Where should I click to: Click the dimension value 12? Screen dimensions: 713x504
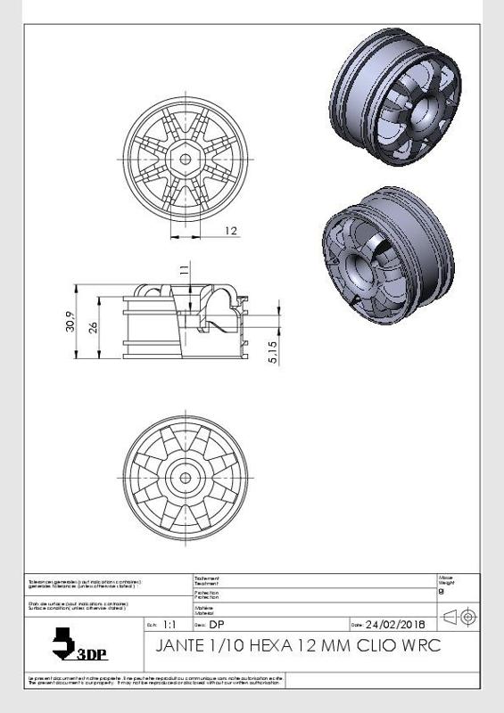[231, 231]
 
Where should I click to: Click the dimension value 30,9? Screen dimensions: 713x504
[71, 322]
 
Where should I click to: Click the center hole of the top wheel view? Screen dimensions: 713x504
[186, 158]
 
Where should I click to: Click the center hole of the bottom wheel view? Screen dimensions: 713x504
[186, 477]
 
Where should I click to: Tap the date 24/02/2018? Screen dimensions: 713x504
[395, 624]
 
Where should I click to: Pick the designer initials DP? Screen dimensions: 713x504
[217, 624]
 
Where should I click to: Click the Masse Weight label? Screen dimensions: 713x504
[445, 580]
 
